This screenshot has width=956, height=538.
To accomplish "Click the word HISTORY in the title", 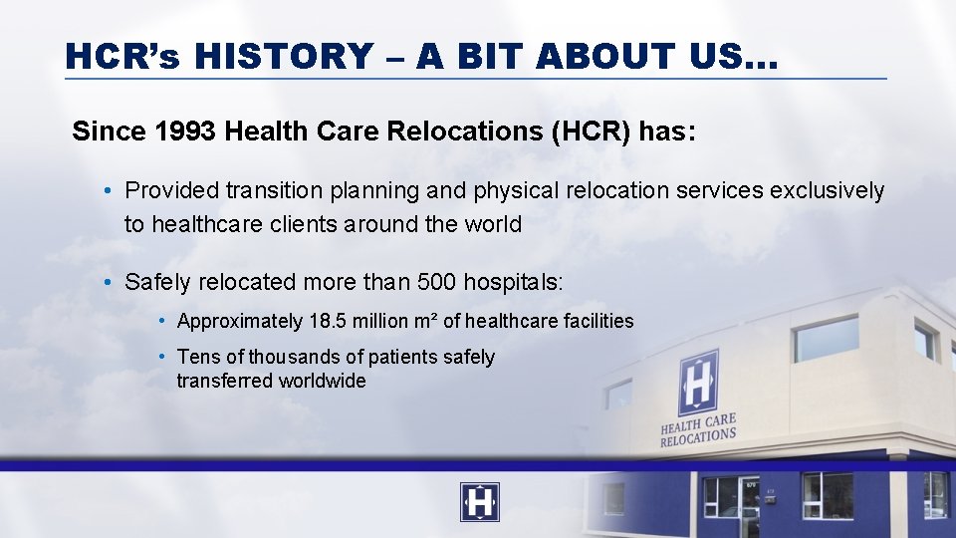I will tap(283, 57).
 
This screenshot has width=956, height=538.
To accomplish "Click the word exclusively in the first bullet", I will tap(829, 190).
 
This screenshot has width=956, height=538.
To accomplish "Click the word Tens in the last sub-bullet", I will tap(197, 357).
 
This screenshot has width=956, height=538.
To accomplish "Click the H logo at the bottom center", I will tap(479, 502).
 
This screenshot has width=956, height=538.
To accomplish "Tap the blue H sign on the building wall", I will tap(698, 382).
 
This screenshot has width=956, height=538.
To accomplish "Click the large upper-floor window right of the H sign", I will tap(826, 339).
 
